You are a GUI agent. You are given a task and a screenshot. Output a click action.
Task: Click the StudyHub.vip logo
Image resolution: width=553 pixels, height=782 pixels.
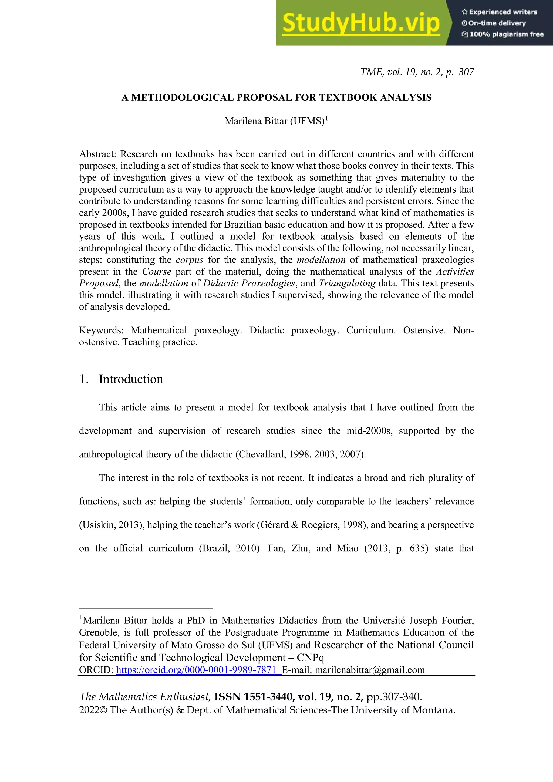[x=361, y=23]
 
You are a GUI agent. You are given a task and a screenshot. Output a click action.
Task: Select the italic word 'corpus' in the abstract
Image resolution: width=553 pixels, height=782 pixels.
[x=189, y=260]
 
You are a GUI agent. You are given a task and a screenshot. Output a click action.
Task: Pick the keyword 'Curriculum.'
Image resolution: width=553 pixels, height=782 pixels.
[x=371, y=330]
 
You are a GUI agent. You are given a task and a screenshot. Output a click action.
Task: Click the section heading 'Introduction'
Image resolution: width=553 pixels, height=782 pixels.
[x=131, y=379]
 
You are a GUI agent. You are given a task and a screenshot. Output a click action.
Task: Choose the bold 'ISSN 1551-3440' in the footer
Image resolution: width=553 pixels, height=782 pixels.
[x=253, y=697]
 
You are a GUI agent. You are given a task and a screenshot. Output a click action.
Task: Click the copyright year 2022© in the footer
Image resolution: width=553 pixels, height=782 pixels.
[x=93, y=710]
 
